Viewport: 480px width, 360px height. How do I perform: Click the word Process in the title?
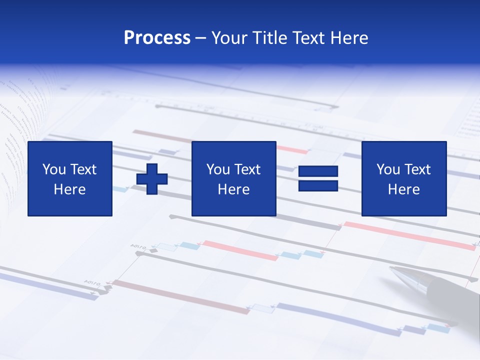157,38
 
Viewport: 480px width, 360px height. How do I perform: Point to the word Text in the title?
308,38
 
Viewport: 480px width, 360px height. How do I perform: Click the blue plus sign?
152,179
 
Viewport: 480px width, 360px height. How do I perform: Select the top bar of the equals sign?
318,171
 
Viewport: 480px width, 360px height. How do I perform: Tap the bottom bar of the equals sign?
318,186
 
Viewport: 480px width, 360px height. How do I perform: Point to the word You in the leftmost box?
54,169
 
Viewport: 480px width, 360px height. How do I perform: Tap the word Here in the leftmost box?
70,189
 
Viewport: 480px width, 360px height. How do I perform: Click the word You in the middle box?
218,169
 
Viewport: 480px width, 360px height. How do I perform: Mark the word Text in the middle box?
247,169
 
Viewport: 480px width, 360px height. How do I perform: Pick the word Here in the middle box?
234,189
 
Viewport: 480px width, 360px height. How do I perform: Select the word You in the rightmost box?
388,169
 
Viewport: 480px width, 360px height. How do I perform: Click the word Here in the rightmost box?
404,189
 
